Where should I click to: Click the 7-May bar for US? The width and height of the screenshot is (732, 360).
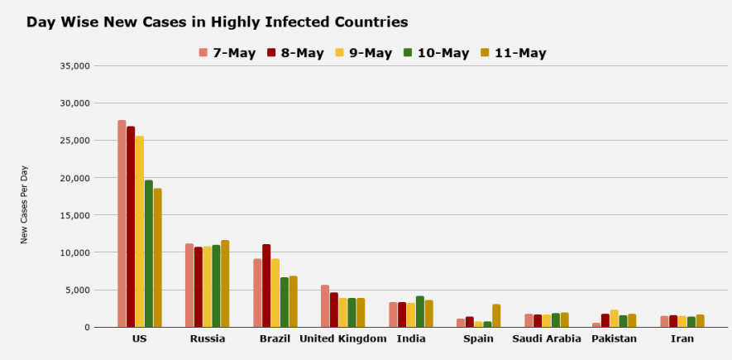coord(122,223)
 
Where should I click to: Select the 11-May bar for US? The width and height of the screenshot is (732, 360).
coord(157,257)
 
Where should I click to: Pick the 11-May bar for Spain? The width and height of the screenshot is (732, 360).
coord(496,315)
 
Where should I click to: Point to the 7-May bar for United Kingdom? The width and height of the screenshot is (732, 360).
coord(325,306)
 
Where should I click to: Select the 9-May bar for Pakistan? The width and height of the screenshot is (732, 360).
coord(614,319)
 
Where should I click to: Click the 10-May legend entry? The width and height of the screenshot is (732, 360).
coord(437,53)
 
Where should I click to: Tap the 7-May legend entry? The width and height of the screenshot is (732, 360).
coord(228,53)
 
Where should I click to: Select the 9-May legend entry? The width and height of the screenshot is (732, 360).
coord(363,53)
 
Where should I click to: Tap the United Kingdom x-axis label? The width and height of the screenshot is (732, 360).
coord(343,339)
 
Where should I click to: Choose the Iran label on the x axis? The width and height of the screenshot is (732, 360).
coord(682,339)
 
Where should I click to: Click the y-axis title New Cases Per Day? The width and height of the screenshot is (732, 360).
coord(25,204)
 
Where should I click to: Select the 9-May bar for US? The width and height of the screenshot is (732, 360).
coord(140,232)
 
